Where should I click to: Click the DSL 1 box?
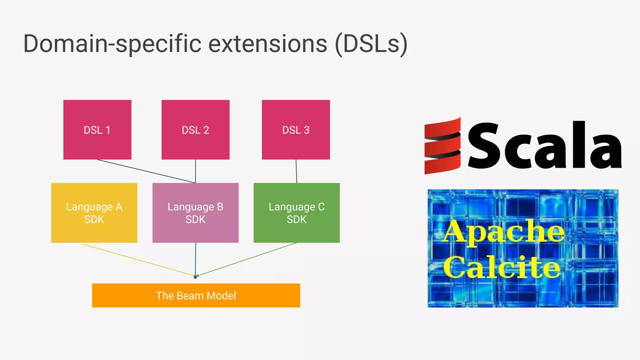pyautogui.click(x=97, y=130)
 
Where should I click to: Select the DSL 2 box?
pyautogui.click(x=195, y=130)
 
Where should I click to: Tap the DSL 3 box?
pyautogui.click(x=296, y=130)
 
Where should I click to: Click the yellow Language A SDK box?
pyautogui.click(x=94, y=213)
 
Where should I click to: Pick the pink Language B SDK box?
pyautogui.click(x=195, y=213)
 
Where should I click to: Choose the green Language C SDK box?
pyautogui.click(x=297, y=213)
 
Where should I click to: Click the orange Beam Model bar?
pyautogui.click(x=196, y=296)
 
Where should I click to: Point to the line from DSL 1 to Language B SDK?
pyautogui.click(x=146, y=171)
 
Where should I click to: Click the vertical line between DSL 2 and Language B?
pyautogui.click(x=196, y=171)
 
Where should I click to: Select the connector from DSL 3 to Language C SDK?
pyautogui.click(x=296, y=171)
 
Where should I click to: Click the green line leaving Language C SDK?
pyautogui.click(x=247, y=259)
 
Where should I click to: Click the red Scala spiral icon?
pyautogui.click(x=442, y=146)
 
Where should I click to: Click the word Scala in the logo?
pyautogui.click(x=544, y=146)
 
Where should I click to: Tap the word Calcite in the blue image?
pyautogui.click(x=502, y=267)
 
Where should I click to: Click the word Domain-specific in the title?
pyautogui.click(x=112, y=44)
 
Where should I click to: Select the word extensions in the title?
pyautogui.click(x=268, y=44)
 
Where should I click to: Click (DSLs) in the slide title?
pyautogui.click(x=371, y=44)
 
